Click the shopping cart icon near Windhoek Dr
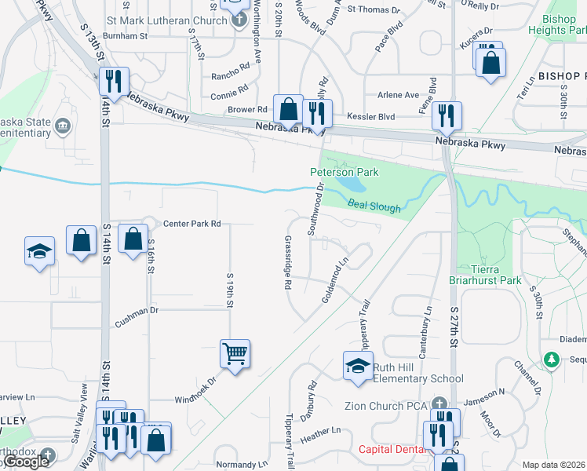235,353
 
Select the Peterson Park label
345,172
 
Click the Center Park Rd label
191,224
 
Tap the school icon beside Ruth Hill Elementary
358,366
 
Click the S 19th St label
231,290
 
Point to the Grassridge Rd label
288,264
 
